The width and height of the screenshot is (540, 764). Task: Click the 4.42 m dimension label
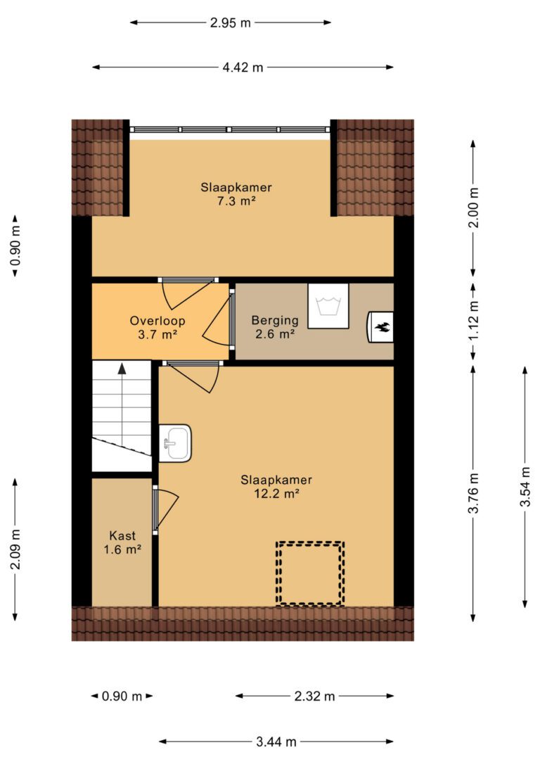click(x=243, y=68)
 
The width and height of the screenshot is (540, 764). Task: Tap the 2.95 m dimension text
click(x=231, y=23)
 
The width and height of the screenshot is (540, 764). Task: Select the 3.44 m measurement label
click(x=276, y=741)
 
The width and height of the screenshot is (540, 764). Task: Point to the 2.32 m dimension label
click(x=314, y=696)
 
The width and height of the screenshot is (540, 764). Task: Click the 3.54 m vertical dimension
click(x=525, y=487)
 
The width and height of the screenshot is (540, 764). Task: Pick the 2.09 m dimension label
click(x=15, y=549)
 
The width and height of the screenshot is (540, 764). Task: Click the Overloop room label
click(x=157, y=321)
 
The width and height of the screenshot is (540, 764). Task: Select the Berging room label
click(x=275, y=320)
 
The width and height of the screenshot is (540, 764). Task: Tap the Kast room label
click(x=122, y=536)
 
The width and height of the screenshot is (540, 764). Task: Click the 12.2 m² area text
click(x=276, y=494)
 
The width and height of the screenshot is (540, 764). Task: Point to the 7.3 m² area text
click(x=236, y=200)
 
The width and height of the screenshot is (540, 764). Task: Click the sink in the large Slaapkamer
click(x=175, y=443)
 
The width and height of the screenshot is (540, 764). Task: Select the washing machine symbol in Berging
click(x=328, y=306)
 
